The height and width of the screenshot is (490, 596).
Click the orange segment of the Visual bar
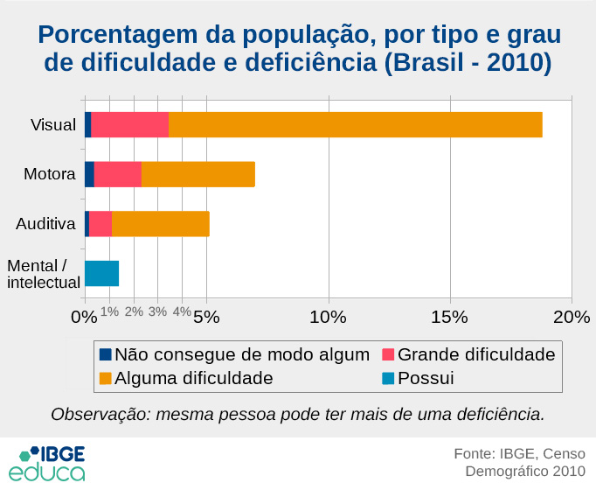pos(355,125)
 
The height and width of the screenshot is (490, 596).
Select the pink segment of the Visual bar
pos(129,125)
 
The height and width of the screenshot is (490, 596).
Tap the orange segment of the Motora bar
pos(198,174)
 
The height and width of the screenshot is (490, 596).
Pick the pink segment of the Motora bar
pos(117,174)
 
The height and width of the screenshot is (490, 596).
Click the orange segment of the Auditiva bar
pos(160,224)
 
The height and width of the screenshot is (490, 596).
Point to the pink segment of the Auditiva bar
pos(100,224)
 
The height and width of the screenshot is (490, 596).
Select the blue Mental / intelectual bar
pos(101,274)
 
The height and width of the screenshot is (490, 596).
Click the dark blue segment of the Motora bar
pos(89,174)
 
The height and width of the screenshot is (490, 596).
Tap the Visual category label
pos(53,125)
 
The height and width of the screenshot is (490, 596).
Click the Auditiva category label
pos(45,224)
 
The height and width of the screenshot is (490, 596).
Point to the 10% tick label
pos(327,316)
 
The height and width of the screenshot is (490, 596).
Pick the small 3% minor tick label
pos(157,311)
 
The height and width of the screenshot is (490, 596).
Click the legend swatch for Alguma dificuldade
pos(105,379)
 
